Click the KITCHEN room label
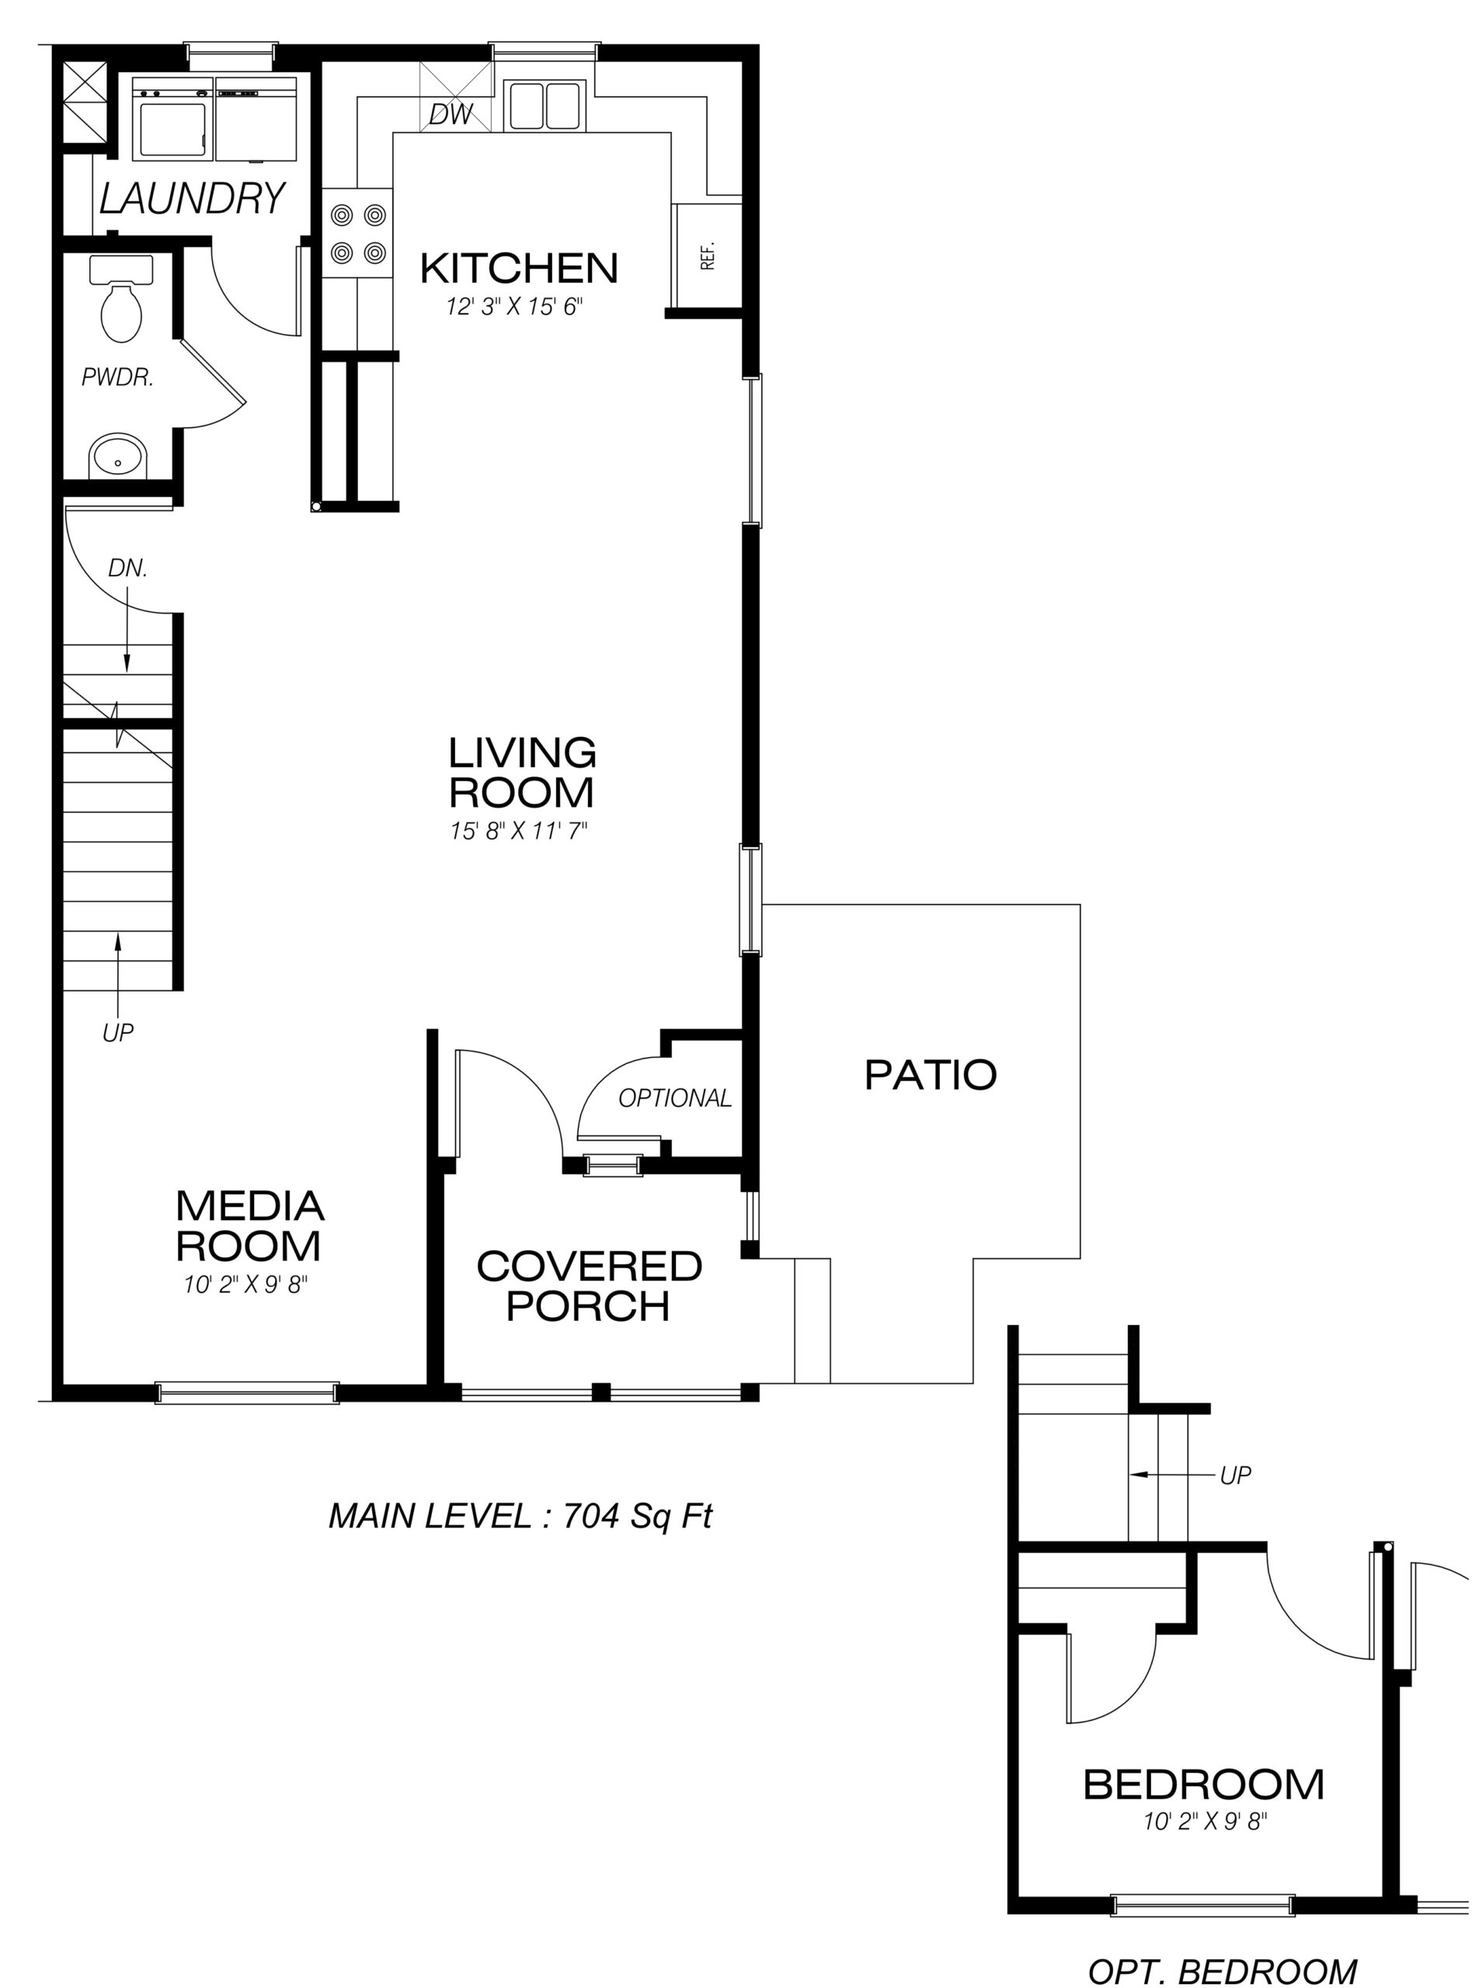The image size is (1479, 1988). click(x=519, y=268)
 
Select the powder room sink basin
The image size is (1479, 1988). click(x=117, y=457)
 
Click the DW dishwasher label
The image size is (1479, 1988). click(x=451, y=115)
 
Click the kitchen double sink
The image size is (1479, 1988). click(x=544, y=105)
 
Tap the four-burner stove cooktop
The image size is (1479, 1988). click(x=358, y=234)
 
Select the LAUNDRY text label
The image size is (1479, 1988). click(x=192, y=199)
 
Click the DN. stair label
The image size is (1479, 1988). click(x=128, y=568)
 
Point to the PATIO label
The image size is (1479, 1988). click(x=930, y=1075)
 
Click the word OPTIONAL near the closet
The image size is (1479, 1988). click(x=675, y=1097)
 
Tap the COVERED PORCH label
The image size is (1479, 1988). click(x=589, y=1286)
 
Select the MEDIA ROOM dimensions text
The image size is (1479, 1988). click(x=246, y=1285)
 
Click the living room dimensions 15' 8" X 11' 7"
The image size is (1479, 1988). click(x=518, y=832)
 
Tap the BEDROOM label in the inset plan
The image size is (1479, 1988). click(x=1203, y=1785)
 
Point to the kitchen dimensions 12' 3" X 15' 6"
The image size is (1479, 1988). click(x=515, y=307)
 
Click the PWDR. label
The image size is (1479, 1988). click(x=117, y=377)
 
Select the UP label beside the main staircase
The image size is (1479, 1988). click(x=117, y=1033)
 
